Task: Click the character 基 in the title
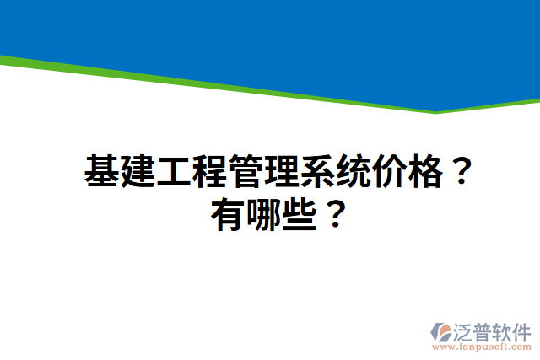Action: [101, 173]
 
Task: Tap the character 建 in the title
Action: [137, 173]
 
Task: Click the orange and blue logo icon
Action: [442, 331]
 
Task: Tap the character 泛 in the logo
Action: [464, 330]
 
